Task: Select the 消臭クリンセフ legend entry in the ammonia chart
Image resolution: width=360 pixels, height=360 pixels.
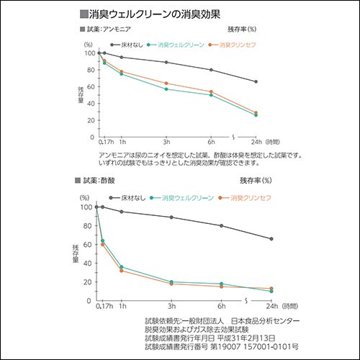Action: [233, 44]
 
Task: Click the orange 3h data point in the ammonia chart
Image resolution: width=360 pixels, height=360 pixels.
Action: [166, 84]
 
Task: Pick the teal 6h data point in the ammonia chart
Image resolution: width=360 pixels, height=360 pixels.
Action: [211, 95]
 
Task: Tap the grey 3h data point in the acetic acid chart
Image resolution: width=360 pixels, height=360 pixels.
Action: [171, 217]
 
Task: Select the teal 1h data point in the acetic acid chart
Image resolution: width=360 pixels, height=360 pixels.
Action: [121, 267]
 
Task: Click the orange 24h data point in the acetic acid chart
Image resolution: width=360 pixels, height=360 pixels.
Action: [271, 289]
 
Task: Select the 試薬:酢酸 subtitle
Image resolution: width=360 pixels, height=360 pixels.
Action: [100, 180]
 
